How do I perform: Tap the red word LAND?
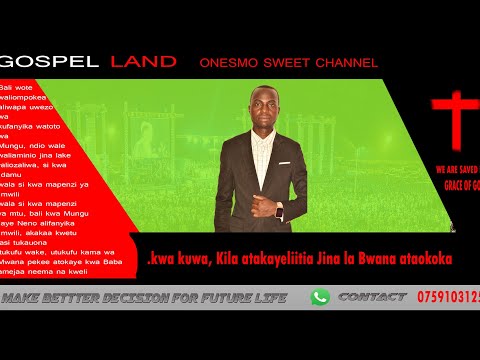point(144,62)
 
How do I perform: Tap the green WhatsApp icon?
point(320,297)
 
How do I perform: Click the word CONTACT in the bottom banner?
point(372,297)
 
